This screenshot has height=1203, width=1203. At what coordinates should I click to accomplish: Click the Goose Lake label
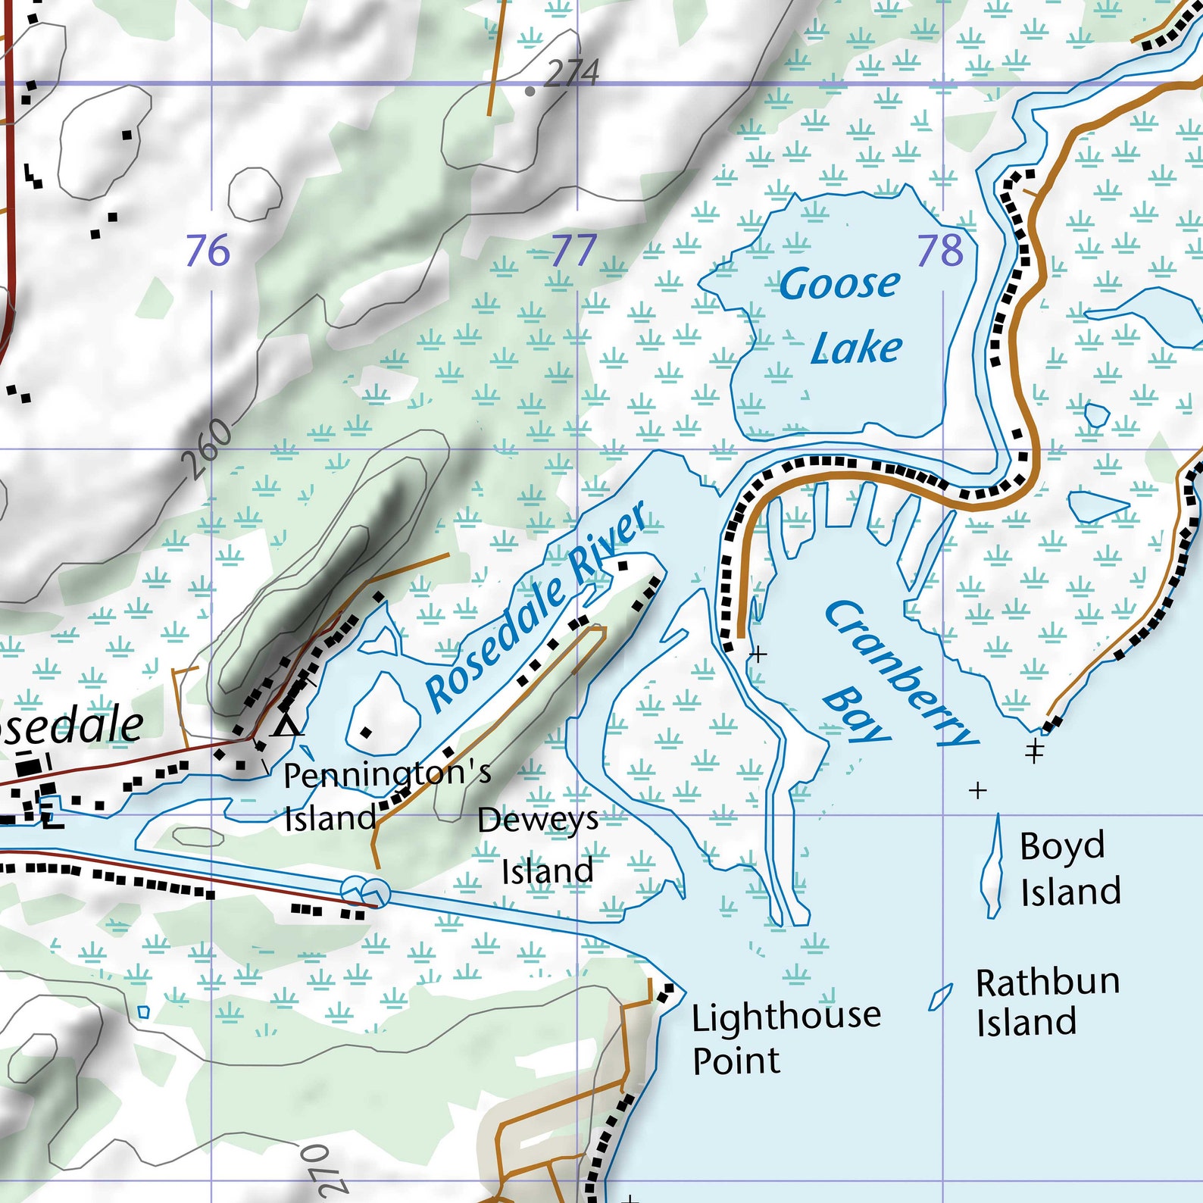click(841, 315)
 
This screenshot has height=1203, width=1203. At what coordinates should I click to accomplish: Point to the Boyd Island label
click(1069, 869)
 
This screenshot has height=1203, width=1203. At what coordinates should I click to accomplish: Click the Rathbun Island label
click(1046, 1001)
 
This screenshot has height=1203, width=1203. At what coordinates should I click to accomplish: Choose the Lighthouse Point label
click(786, 1037)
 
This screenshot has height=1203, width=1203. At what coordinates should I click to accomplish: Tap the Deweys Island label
click(539, 845)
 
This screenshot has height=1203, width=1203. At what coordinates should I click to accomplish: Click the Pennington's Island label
click(386, 795)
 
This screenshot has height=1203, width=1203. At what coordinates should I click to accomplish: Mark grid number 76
click(208, 251)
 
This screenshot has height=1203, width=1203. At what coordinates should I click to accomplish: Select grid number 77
click(573, 251)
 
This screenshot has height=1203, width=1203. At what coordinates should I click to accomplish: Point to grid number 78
click(939, 251)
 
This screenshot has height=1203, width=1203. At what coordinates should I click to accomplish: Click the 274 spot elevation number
click(572, 74)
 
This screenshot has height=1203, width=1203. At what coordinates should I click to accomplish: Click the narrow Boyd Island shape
click(992, 867)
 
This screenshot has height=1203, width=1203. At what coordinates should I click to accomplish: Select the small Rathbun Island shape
click(940, 998)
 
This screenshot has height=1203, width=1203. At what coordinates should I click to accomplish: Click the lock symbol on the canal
click(365, 891)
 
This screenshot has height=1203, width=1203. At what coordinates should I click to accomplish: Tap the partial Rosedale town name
click(72, 726)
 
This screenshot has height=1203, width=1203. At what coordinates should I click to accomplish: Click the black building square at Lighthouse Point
click(666, 992)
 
